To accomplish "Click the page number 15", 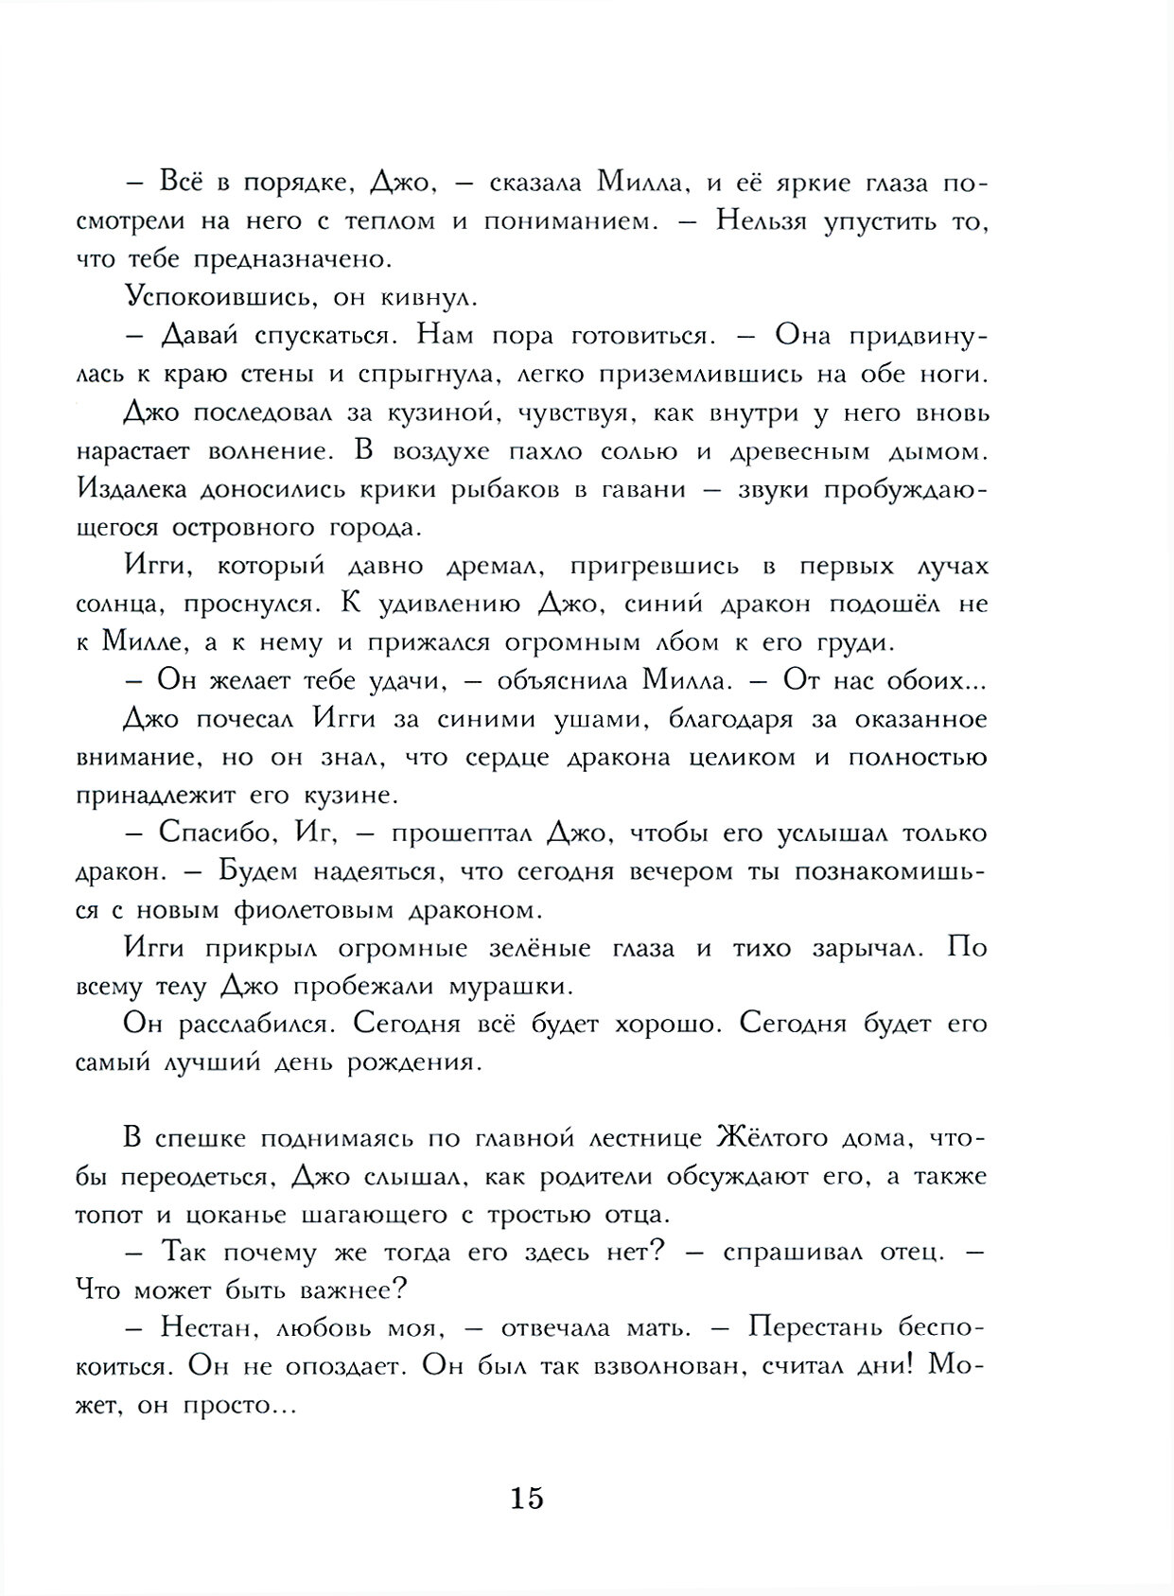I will pos(528,1499).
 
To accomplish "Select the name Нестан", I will pos(205,1328).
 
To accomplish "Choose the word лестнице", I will pos(627,1138).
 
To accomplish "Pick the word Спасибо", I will pos(218,833).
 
